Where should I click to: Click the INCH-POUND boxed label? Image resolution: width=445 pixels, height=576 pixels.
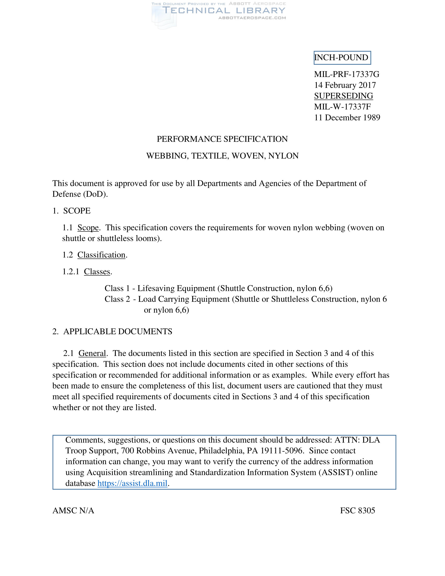pyautogui.click(x=342, y=58)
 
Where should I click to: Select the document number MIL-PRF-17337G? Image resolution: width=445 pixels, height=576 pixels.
pyautogui.click(x=346, y=74)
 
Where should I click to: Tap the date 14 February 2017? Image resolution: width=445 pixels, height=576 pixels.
pyautogui.click(x=345, y=85)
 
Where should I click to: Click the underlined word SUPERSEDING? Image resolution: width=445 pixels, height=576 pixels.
pyautogui.click(x=343, y=96)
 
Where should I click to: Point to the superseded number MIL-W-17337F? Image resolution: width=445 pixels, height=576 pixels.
pyautogui.click(x=342, y=107)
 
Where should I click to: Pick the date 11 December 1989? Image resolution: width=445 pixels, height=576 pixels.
pyautogui.click(x=347, y=118)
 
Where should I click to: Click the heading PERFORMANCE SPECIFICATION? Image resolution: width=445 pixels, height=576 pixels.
pyautogui.click(x=222, y=139)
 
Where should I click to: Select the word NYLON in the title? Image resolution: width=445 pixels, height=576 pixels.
pyautogui.click(x=283, y=156)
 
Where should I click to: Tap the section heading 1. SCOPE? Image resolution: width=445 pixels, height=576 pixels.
pyautogui.click(x=71, y=211)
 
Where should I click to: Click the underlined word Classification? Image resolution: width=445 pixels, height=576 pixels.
pyautogui.click(x=101, y=255)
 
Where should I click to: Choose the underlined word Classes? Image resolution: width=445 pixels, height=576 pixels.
pyautogui.click(x=97, y=272)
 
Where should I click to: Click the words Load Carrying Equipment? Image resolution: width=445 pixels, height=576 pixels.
pyautogui.click(x=184, y=299)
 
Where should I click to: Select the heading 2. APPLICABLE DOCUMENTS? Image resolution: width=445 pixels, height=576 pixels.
pyautogui.click(x=112, y=331)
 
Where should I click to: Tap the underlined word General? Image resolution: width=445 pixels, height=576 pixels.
pyautogui.click(x=92, y=353)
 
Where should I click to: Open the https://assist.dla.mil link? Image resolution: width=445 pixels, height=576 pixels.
pyautogui.click(x=132, y=483)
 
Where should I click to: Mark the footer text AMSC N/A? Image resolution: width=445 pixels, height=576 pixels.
pyautogui.click(x=73, y=511)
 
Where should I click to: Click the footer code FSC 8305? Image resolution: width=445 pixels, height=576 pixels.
pyautogui.click(x=358, y=511)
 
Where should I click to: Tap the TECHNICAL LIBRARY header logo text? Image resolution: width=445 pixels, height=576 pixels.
pyautogui.click(x=224, y=11)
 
